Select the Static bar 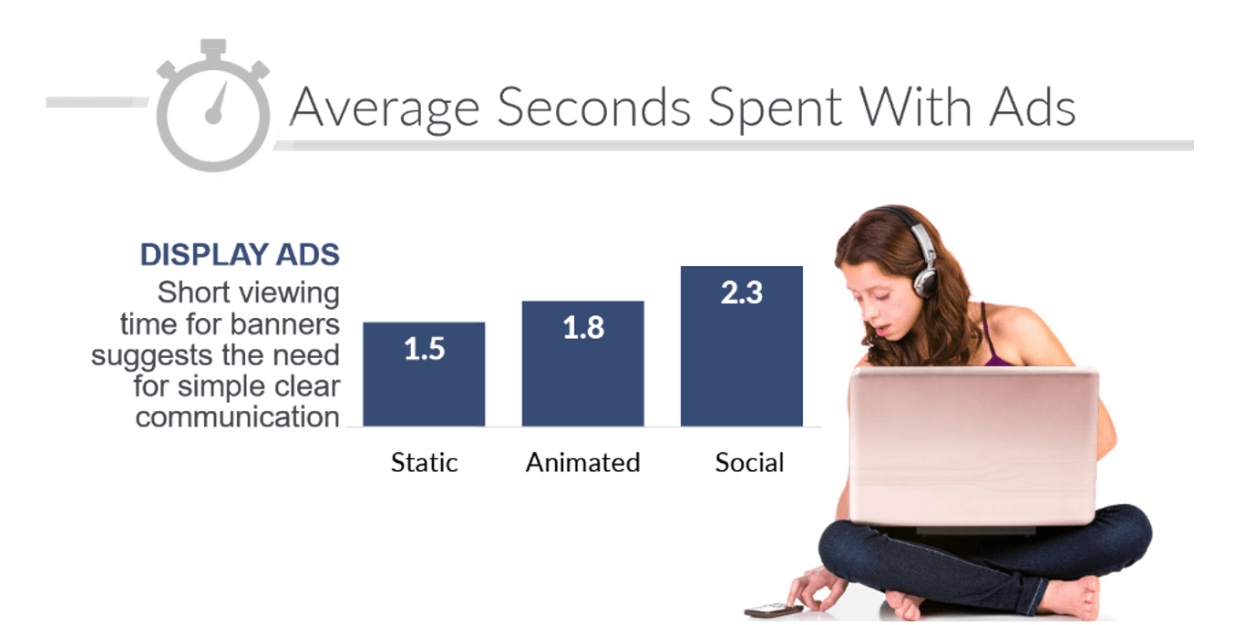coord(424,374)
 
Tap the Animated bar coord(583,364)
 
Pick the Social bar coord(742,346)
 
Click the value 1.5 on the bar coord(424,349)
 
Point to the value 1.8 coord(583,328)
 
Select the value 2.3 coord(742,292)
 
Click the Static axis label coord(424,463)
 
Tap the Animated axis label coord(583,463)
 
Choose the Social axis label coord(749,463)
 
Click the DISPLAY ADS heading coord(240,254)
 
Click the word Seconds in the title coord(594,108)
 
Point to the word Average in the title coord(385,110)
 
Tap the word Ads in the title coord(1033,108)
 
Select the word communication coord(238,417)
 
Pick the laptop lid coord(974,446)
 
